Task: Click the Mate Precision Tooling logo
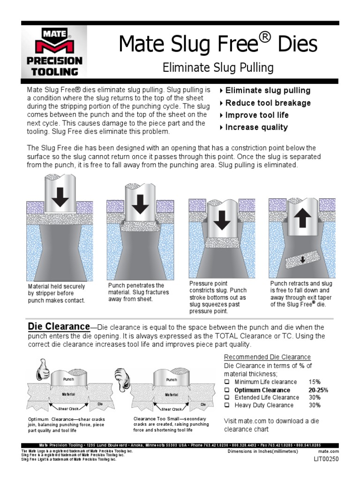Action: pyautogui.click(x=54, y=52)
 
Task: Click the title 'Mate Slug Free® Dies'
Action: pyautogui.click(x=217, y=44)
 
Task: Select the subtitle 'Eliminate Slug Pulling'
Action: pyautogui.click(x=217, y=68)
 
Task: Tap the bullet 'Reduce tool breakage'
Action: pyautogui.click(x=268, y=103)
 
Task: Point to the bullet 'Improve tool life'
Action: pyautogui.click(x=256, y=115)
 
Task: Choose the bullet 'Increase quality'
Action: pyautogui.click(x=256, y=127)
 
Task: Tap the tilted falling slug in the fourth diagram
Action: pyautogui.click(x=302, y=258)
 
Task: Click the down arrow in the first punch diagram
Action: pyautogui.click(x=60, y=196)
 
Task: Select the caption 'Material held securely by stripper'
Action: pyautogui.click(x=56, y=293)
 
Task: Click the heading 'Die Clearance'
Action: pyautogui.click(x=59, y=326)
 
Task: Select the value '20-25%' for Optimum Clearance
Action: pyautogui.click(x=318, y=390)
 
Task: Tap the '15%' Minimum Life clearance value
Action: pyautogui.click(x=315, y=382)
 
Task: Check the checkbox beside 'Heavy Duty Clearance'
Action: pyautogui.click(x=227, y=405)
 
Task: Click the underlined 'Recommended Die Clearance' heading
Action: pyautogui.click(x=267, y=357)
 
